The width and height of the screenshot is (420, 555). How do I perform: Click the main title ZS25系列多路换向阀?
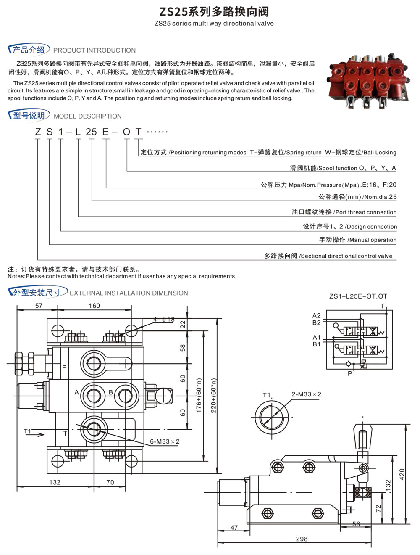coord(214,11)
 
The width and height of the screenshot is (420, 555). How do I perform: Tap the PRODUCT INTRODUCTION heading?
coord(94,50)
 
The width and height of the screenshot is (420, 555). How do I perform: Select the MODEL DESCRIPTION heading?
coord(87,116)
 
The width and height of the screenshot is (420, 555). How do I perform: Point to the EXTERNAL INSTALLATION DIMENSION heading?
coord(129,293)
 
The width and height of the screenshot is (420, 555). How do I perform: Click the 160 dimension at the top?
coord(94,306)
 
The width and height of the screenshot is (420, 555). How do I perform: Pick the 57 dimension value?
coord(39,306)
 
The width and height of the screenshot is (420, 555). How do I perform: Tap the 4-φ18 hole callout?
coord(164,320)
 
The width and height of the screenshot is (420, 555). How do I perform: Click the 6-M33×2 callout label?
coord(165,441)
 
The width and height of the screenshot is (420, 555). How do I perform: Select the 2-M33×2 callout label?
coord(306,394)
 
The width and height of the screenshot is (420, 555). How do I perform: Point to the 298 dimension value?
coord(302,539)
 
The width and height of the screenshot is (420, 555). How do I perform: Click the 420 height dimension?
coord(402,474)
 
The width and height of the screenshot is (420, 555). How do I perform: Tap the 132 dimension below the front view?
coord(55,482)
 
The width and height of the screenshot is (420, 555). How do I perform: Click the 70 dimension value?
coord(110,482)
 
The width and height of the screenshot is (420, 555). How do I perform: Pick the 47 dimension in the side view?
coord(234,527)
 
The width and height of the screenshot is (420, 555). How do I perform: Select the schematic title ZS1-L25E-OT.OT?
coord(358,296)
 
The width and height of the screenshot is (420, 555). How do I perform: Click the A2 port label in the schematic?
coord(316,315)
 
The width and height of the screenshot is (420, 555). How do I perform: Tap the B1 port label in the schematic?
coord(316,344)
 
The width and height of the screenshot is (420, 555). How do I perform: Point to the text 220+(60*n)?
coord(213,395)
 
